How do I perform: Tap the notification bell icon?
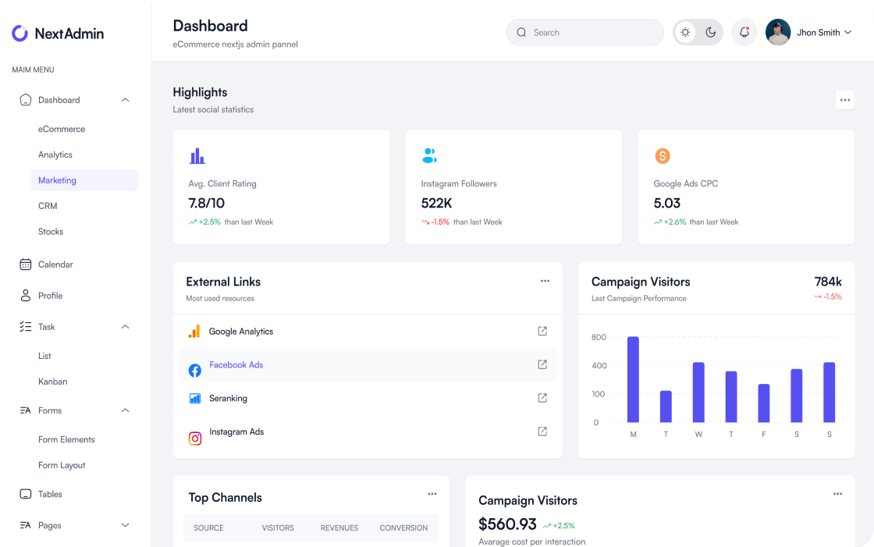[x=744, y=32]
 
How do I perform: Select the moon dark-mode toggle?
[x=710, y=32]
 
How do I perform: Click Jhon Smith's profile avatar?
[x=778, y=32]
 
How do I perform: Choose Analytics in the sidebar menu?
[x=55, y=155]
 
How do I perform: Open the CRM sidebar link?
[x=48, y=206]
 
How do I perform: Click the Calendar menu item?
[x=55, y=265]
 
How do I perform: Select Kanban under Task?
[x=52, y=382]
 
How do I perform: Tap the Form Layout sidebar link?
[x=62, y=465]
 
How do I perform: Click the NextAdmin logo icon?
[x=20, y=33]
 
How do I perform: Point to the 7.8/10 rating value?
[x=206, y=203]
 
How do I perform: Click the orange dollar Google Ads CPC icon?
[x=662, y=156]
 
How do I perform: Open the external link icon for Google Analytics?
[x=542, y=331]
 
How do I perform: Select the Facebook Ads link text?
[x=236, y=365]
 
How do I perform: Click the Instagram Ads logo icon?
[x=195, y=438]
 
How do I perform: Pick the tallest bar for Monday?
[x=633, y=379]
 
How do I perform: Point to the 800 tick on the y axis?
[x=599, y=337]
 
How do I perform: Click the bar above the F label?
[x=764, y=403]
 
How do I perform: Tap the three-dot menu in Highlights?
[x=844, y=100]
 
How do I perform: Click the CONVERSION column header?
[x=403, y=528]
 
